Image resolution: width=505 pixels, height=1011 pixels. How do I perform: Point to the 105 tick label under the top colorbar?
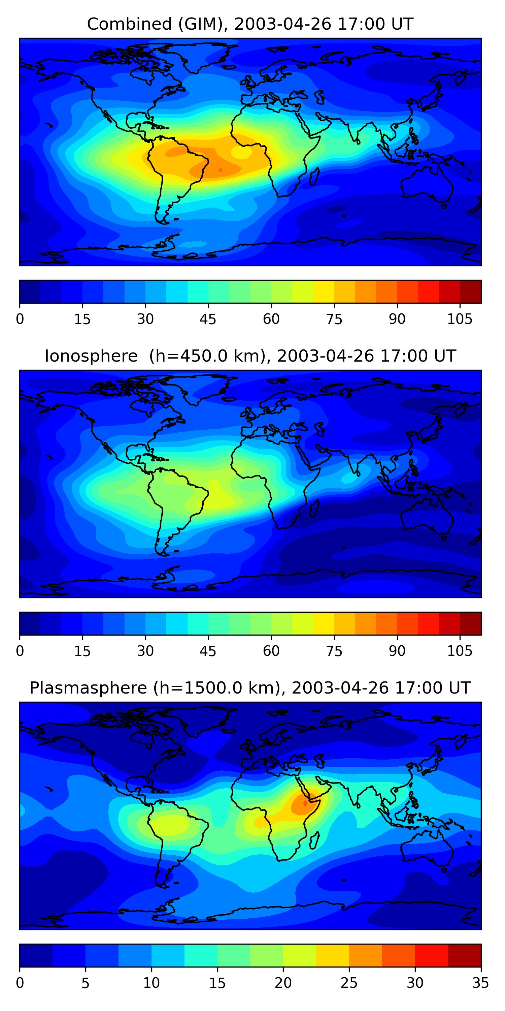tap(460, 319)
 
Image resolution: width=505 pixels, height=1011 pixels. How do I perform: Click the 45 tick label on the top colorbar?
tap(208, 319)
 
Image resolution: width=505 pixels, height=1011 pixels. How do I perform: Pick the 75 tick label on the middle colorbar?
tap(334, 651)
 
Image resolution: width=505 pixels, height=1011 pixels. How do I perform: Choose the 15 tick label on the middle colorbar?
tap(82, 651)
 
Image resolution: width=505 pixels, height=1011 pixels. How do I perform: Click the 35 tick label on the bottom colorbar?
tap(480, 983)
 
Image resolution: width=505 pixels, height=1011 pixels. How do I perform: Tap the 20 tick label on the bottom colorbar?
tap(283, 983)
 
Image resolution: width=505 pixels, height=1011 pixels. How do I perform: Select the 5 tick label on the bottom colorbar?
tap(86, 983)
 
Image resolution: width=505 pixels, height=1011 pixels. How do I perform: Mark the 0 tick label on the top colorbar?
tap(20, 319)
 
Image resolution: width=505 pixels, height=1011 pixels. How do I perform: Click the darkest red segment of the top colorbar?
tap(471, 292)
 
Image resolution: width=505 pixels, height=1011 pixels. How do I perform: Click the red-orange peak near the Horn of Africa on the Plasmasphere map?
tap(305, 803)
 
